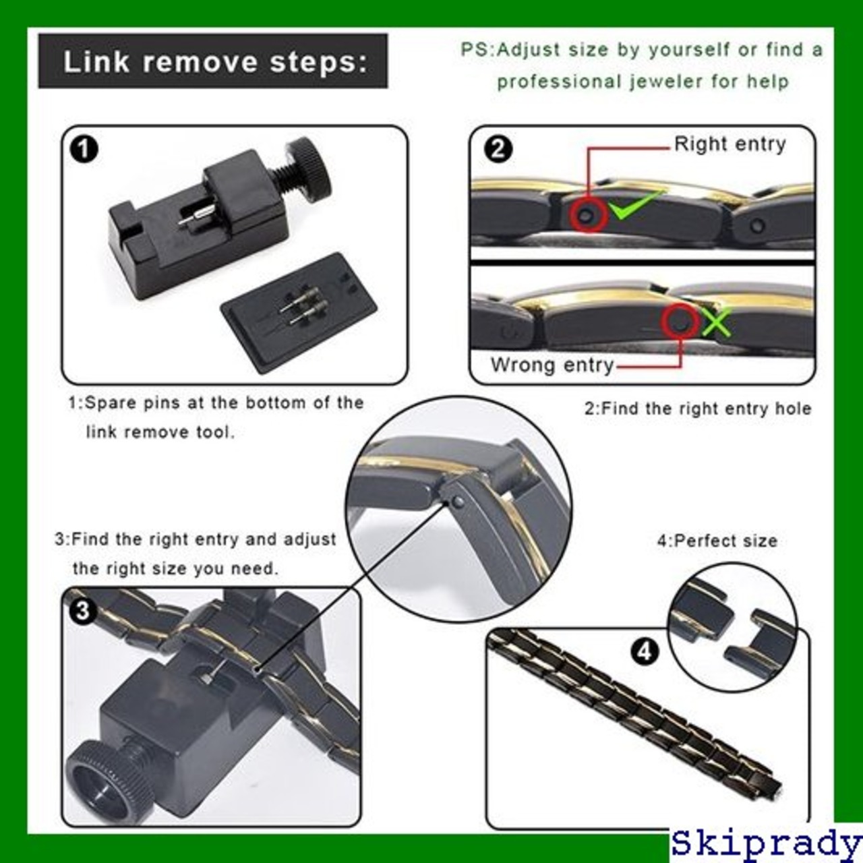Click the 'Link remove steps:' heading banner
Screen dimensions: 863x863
pyautogui.click(x=213, y=61)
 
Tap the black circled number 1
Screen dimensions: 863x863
pyautogui.click(x=84, y=150)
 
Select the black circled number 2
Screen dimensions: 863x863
pyautogui.click(x=498, y=149)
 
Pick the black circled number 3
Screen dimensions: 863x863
pyautogui.click(x=84, y=611)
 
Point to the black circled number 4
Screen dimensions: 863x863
pyautogui.click(x=645, y=651)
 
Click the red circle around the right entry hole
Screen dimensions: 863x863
pyautogui.click(x=588, y=216)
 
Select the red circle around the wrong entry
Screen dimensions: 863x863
pyautogui.click(x=681, y=321)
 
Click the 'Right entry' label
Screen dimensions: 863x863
pyautogui.click(x=730, y=145)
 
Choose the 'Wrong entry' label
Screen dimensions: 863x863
pyautogui.click(x=552, y=365)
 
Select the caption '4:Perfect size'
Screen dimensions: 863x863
pyautogui.click(x=717, y=541)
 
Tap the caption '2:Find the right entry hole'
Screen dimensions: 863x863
pyautogui.click(x=698, y=408)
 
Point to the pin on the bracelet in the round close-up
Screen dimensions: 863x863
pyautogui.click(x=456, y=502)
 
